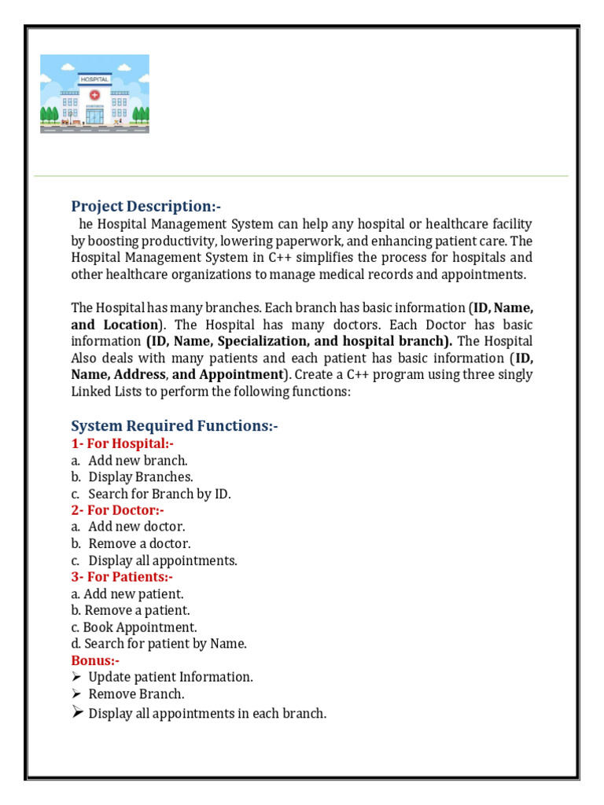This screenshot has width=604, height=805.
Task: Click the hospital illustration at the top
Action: click(94, 94)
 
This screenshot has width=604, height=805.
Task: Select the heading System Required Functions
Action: click(175, 425)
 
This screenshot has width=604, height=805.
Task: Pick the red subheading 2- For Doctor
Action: click(117, 510)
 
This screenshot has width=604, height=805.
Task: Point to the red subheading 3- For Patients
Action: click(122, 577)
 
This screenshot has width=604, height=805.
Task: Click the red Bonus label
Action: click(95, 660)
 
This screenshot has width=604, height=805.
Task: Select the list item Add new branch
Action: click(138, 460)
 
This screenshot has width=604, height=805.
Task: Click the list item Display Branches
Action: click(140, 476)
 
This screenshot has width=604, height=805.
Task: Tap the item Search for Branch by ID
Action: click(160, 494)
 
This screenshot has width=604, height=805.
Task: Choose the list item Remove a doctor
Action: click(139, 543)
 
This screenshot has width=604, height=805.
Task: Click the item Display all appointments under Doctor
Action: click(162, 561)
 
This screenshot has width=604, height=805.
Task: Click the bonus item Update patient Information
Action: click(171, 677)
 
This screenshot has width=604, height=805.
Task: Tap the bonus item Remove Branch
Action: click(136, 694)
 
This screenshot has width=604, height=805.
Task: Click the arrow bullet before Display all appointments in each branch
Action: click(77, 712)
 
